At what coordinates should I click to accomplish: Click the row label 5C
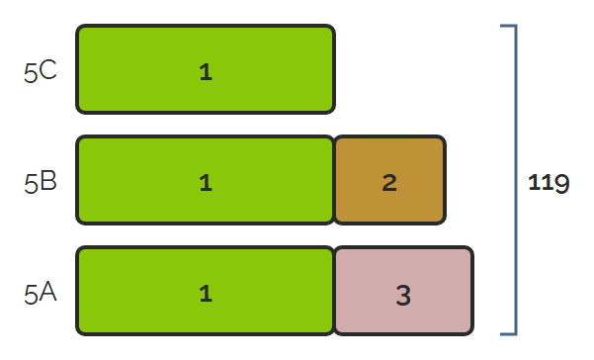pos(41,71)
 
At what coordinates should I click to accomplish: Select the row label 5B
pos(41,182)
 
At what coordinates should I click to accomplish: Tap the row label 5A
pos(41,294)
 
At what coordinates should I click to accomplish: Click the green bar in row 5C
pos(206,69)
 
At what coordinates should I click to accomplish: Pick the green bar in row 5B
pos(206,180)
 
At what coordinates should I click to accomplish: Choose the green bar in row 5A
pos(206,291)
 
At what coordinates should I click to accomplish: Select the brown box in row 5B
pos(389,180)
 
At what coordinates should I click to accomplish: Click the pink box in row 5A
pos(404,291)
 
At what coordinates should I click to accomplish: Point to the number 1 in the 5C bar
pos(206,71)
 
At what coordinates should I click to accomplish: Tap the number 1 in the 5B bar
pos(206,183)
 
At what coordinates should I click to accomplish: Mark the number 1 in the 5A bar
pos(206,294)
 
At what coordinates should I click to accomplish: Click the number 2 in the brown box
pos(389,183)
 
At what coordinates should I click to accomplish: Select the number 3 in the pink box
pos(403,295)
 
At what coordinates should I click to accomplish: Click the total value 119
pos(549,183)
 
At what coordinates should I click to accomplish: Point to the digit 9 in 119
pos(561,184)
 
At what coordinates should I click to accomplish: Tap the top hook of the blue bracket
pos(508,26)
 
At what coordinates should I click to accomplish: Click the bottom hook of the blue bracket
pos(508,334)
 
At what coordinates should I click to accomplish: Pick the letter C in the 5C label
pos(47,70)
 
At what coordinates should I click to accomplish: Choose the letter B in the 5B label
pos(48,181)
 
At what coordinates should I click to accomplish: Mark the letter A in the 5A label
pos(47,292)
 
